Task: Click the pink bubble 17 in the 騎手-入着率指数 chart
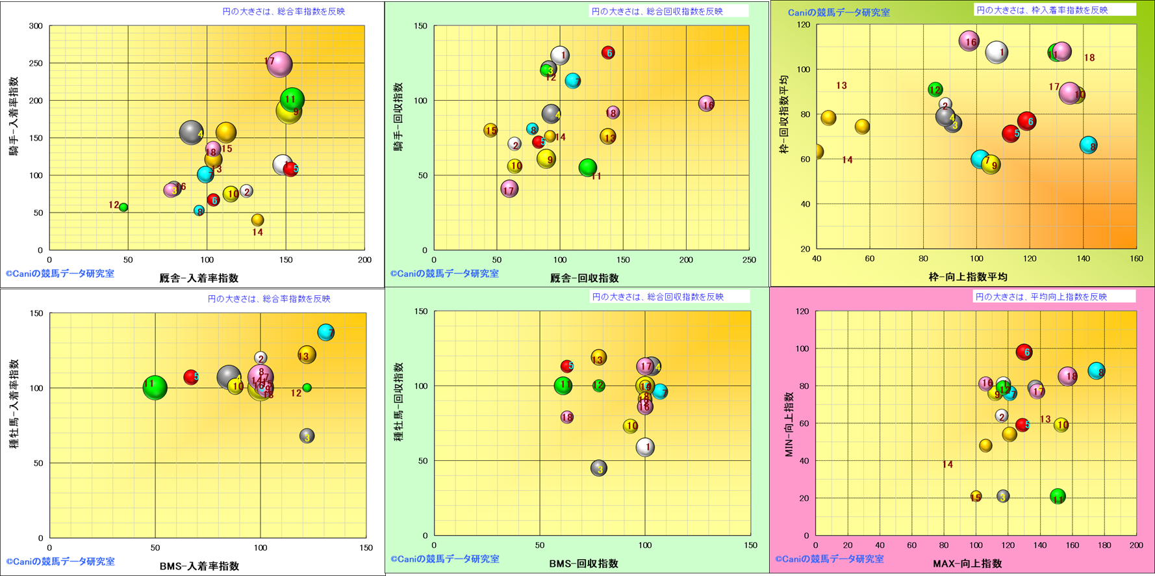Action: (279, 64)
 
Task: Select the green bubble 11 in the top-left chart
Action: (292, 99)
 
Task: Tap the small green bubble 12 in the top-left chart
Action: (123, 207)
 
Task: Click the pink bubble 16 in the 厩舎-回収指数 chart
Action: (706, 103)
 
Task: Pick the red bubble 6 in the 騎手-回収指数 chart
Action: (608, 53)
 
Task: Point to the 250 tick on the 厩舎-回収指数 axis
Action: (749, 260)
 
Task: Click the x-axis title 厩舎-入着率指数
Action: (199, 278)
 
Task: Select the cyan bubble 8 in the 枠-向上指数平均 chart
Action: (1089, 146)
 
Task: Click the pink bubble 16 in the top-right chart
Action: (969, 42)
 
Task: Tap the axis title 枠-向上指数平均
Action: (968, 277)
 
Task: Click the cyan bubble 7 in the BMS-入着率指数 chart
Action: (326, 332)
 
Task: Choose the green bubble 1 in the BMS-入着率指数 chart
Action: (155, 387)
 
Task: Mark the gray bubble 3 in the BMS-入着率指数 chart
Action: (307, 436)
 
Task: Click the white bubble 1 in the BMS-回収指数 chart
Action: (645, 447)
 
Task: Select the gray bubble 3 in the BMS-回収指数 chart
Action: (599, 468)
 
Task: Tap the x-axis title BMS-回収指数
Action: (583, 564)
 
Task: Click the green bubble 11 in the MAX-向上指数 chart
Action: (1058, 497)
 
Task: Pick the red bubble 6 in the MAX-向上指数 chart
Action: (1024, 352)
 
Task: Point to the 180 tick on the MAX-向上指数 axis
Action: (1104, 546)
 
